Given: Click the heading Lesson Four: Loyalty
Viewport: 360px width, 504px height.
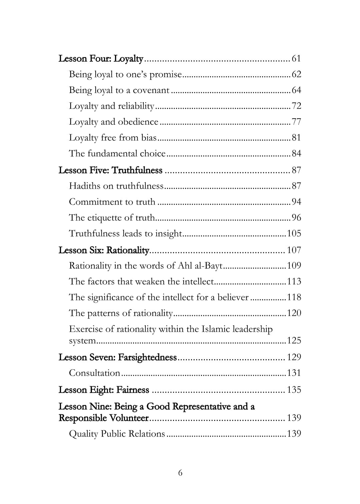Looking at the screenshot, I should click(x=101, y=59).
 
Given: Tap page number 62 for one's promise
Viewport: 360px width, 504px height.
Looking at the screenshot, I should click(x=296, y=74).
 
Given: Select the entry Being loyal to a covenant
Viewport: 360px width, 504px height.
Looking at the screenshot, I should click(x=119, y=90).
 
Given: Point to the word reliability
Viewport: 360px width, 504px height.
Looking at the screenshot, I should click(x=135, y=106).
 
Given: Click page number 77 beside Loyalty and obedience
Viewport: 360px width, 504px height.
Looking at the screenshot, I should click(x=296, y=122).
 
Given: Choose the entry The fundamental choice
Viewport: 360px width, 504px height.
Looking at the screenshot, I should click(x=117, y=154).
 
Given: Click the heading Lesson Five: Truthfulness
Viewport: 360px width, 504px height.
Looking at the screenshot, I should click(x=110, y=170).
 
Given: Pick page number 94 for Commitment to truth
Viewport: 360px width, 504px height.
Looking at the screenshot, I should click(x=296, y=202).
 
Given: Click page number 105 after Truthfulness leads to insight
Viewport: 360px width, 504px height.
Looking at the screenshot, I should click(x=294, y=233).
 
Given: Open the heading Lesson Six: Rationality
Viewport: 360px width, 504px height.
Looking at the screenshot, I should click(x=104, y=250).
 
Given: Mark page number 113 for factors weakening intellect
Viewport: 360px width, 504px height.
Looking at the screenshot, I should click(x=294, y=282).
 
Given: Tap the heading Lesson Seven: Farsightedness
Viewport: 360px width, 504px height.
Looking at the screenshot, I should click(x=117, y=357).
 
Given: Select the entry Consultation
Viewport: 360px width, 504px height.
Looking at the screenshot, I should click(x=94, y=373).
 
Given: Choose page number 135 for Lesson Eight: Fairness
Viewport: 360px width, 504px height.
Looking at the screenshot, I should click(x=294, y=390).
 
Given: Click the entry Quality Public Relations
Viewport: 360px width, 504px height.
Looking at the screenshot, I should click(x=117, y=434).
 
